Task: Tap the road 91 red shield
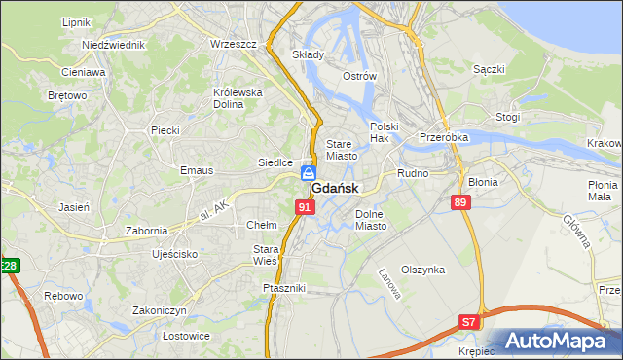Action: (306, 207)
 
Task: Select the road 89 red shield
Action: (460, 201)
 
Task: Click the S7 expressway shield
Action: (470, 322)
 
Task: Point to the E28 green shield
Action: (9, 266)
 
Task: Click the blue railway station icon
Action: (308, 173)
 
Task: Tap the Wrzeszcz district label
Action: (233, 44)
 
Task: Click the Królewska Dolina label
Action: (238, 98)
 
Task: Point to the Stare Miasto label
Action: (342, 149)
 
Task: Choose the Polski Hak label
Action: (385, 132)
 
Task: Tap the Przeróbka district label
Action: (444, 138)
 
